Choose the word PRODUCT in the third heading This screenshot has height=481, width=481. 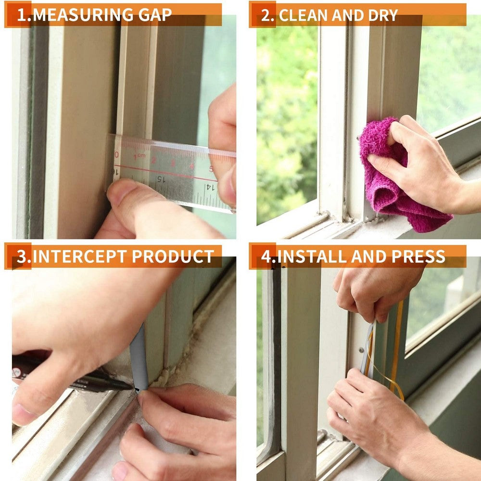173,256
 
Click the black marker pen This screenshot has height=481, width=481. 72,375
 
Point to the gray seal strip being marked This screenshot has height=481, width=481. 138,356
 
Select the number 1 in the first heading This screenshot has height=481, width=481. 22,15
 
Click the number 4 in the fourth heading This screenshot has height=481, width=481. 266,256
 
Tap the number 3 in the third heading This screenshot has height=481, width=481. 22,256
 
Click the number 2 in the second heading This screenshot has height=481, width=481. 266,15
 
